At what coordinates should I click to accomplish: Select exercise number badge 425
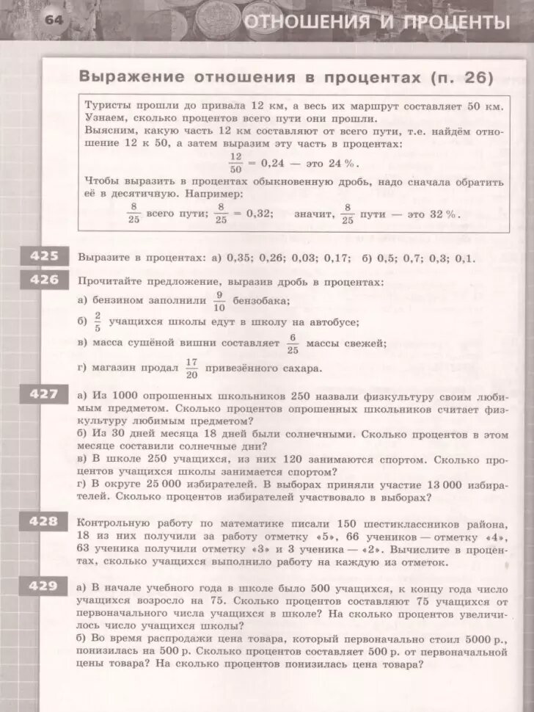pos(43,256)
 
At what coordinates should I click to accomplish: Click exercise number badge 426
pos(43,280)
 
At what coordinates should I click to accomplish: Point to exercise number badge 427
pos(43,394)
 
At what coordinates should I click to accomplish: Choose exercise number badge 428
pos(43,521)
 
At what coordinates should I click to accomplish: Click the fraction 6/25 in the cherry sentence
pos(293,343)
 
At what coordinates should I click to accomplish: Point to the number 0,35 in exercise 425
pos(241,258)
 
